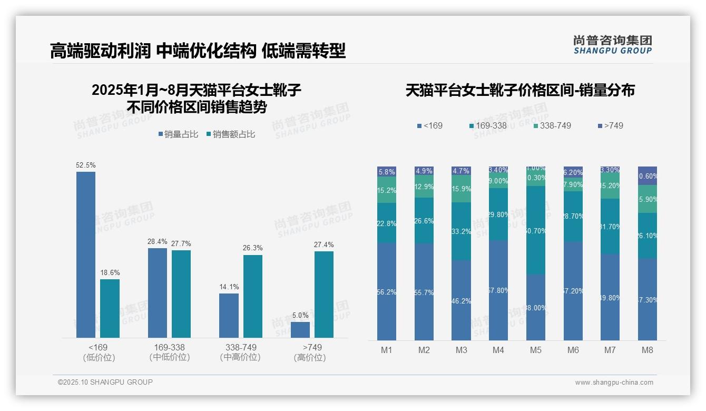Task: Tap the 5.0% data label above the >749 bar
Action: click(x=300, y=315)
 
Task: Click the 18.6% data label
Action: click(x=110, y=272)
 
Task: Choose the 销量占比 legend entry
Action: click(x=178, y=134)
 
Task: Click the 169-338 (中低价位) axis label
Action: click(x=169, y=352)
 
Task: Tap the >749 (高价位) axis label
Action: click(x=312, y=352)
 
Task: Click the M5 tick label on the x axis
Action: click(x=535, y=350)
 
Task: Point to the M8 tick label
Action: click(x=647, y=350)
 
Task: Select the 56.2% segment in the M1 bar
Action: click(x=387, y=291)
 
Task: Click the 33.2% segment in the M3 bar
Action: click(x=461, y=231)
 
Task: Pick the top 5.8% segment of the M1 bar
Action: click(x=387, y=171)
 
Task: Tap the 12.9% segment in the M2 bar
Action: click(x=424, y=187)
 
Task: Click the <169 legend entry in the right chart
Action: click(x=430, y=125)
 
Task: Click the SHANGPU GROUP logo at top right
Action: click(x=612, y=44)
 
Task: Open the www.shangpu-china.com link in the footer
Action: click(x=614, y=383)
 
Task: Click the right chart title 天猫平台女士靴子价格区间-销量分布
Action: click(x=519, y=90)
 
